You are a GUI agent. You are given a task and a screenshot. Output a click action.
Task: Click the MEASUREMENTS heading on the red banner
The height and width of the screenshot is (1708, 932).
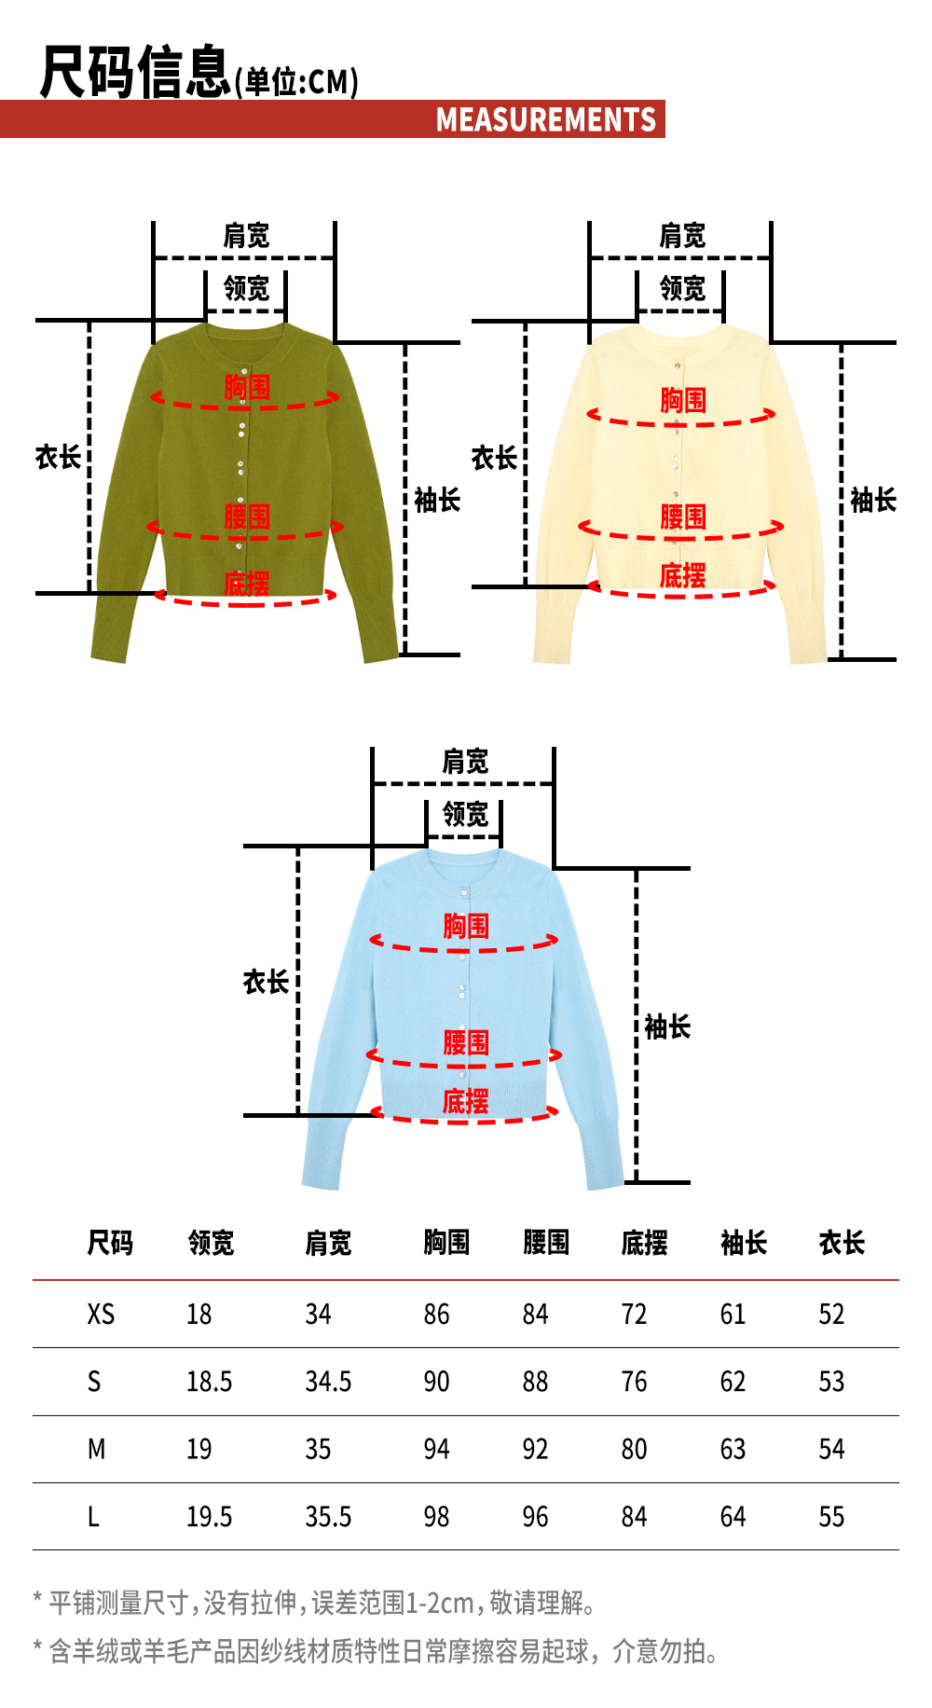click(x=546, y=120)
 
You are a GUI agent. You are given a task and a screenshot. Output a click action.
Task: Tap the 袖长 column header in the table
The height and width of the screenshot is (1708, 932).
click(x=744, y=1243)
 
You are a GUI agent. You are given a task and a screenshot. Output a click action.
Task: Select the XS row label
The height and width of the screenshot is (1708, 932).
click(x=101, y=1315)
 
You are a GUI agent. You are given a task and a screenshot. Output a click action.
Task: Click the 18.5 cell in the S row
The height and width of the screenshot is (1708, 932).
click(x=209, y=1382)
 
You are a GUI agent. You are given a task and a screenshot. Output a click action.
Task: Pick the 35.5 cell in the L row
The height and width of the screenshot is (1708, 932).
click(x=328, y=1517)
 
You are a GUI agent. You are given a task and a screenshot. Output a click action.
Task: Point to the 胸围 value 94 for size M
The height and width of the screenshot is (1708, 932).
click(x=436, y=1450)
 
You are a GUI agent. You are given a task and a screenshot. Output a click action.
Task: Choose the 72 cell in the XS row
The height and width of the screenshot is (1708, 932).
click(x=634, y=1315)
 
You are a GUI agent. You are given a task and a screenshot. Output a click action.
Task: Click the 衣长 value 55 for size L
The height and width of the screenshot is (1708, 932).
click(x=831, y=1517)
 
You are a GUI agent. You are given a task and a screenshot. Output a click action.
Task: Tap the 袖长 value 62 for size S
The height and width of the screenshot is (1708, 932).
click(x=733, y=1382)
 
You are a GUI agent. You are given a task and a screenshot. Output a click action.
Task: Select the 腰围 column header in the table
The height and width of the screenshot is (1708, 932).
click(x=546, y=1243)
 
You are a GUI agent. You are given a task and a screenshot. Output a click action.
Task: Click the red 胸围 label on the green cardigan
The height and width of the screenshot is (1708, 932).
click(x=247, y=387)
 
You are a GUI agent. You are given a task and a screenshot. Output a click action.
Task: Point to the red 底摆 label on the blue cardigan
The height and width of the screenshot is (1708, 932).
click(x=465, y=1102)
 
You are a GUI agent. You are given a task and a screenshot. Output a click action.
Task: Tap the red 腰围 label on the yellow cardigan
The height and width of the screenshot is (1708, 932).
click(x=683, y=517)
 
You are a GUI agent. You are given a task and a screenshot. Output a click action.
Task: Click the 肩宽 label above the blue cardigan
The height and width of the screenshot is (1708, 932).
click(x=465, y=762)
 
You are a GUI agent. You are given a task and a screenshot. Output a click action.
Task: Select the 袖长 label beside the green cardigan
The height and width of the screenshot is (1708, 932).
click(x=437, y=501)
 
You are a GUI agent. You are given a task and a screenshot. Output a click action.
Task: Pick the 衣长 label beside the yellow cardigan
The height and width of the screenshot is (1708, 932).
click(x=494, y=458)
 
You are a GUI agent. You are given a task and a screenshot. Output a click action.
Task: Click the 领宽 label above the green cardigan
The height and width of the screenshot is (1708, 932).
click(x=246, y=288)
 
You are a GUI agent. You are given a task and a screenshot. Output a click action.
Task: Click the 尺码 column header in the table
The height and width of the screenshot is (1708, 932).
click(x=110, y=1243)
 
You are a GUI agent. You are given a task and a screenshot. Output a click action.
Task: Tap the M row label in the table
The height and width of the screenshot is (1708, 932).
click(x=96, y=1450)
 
